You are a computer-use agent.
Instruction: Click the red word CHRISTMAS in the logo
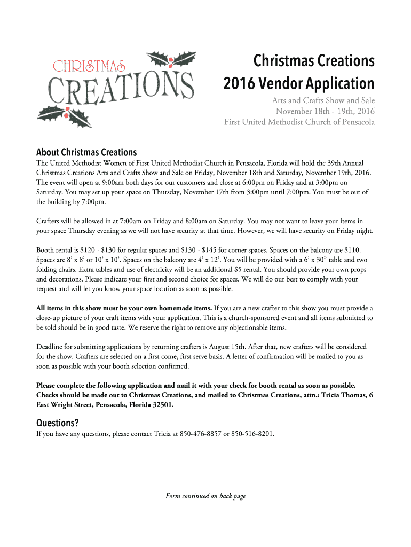(89, 66)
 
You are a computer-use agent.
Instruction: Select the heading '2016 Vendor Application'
(298, 84)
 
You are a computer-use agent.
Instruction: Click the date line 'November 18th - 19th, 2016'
(325, 111)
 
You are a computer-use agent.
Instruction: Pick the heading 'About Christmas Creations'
(86, 152)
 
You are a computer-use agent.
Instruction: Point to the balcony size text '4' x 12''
(192, 260)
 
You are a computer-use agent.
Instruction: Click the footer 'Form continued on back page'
(205, 496)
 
